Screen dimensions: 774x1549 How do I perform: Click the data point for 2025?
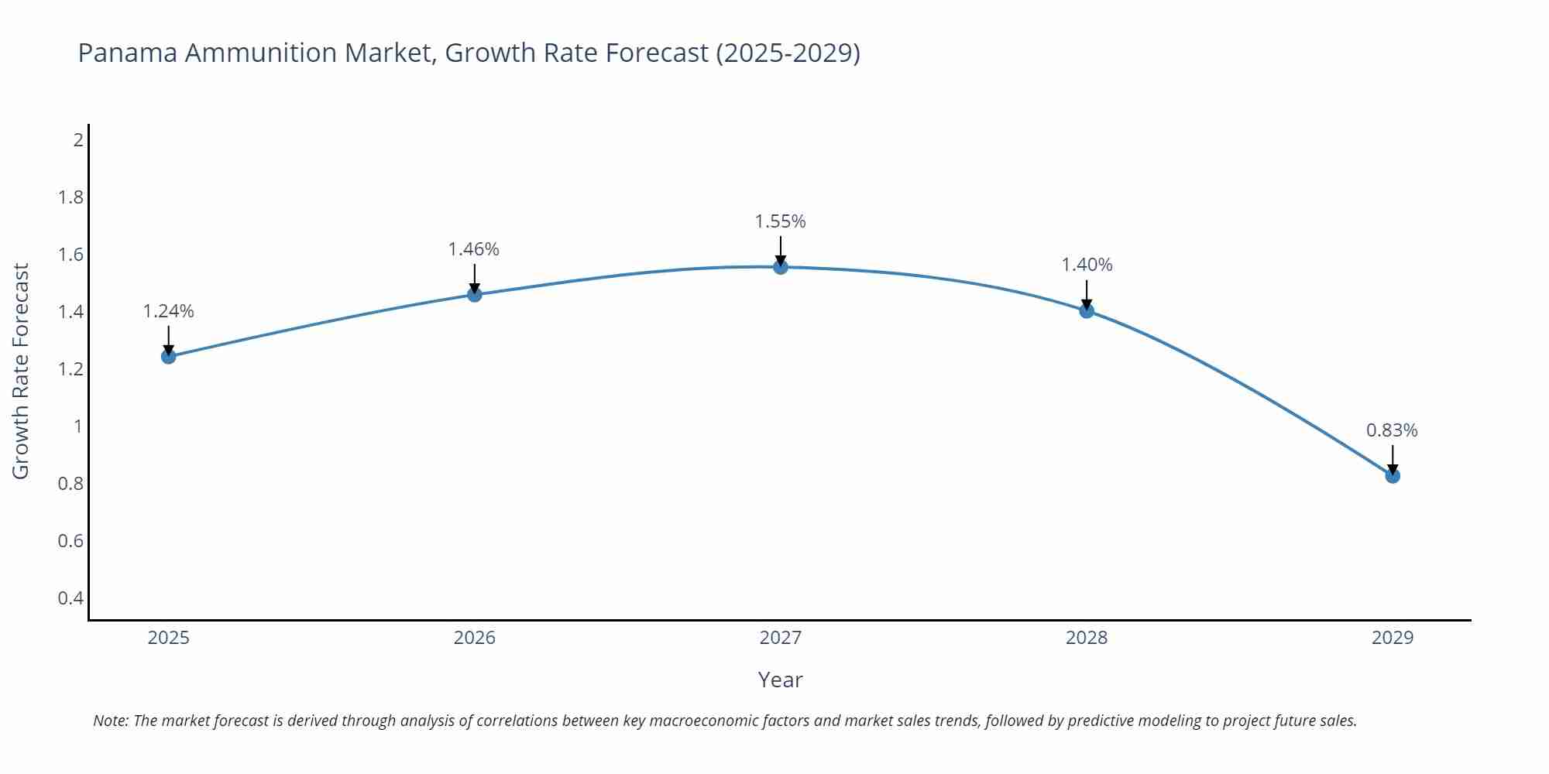click(x=169, y=356)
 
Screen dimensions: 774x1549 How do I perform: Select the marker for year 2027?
click(x=781, y=267)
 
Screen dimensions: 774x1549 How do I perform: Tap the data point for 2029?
click(x=1393, y=475)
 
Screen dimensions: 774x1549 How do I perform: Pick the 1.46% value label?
click(x=474, y=249)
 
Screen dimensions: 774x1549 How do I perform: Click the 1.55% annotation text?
click(x=781, y=221)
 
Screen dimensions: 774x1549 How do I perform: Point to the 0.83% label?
click(x=1392, y=430)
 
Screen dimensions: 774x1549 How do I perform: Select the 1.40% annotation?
click(x=1087, y=265)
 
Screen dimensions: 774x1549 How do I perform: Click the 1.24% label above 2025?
click(x=169, y=311)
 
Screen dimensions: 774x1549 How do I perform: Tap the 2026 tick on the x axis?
click(x=474, y=638)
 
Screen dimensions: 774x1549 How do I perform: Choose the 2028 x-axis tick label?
click(x=1087, y=638)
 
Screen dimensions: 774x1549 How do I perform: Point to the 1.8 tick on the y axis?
click(x=70, y=197)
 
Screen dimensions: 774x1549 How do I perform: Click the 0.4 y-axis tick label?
click(x=70, y=598)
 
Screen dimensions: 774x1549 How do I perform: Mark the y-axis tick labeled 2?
click(x=78, y=140)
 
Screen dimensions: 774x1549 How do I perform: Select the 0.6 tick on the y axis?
click(x=70, y=541)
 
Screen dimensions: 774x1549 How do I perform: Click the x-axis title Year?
click(x=780, y=680)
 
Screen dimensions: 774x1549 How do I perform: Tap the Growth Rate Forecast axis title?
click(x=21, y=371)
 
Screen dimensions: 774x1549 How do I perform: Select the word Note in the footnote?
click(x=110, y=721)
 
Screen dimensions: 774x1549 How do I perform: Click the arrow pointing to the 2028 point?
click(x=1087, y=295)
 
